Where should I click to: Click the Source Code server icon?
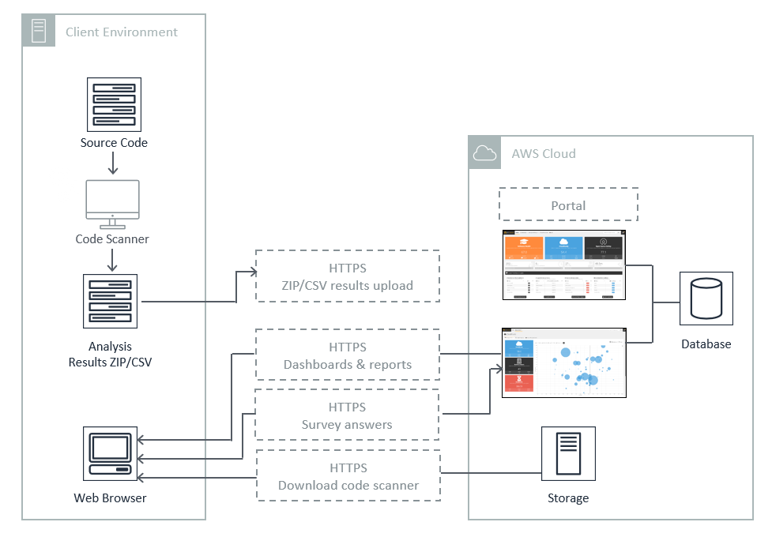coord(113,104)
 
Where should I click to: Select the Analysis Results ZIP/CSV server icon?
coord(111,301)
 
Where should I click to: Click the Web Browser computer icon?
coord(110,454)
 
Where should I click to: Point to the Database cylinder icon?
coord(706,299)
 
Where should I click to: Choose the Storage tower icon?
coord(568,454)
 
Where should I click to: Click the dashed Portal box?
coord(568,205)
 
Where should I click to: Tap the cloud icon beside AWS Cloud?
coord(484,152)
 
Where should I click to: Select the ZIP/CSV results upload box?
coord(348,276)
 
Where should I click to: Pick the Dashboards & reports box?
coord(348,355)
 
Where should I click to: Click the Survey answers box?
coord(348,416)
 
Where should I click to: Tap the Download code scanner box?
coord(348,476)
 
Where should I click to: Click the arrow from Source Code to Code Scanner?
coord(113,163)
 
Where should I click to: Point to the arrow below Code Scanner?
coord(112,260)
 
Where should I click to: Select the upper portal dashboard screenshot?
coord(563,265)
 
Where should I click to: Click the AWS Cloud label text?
coord(544,153)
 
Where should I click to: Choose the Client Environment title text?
coord(122,32)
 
